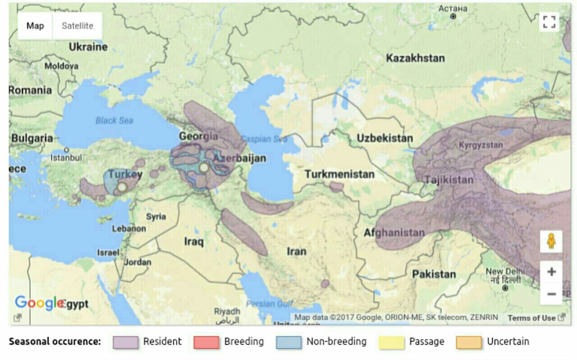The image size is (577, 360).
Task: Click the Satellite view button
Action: tap(77, 26)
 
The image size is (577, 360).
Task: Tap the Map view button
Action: tap(35, 26)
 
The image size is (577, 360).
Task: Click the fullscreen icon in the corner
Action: tap(549, 22)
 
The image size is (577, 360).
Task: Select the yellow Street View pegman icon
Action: tap(551, 241)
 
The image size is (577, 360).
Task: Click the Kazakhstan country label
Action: tap(415, 58)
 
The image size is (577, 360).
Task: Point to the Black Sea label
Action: tap(114, 120)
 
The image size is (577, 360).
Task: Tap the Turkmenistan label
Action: tap(339, 174)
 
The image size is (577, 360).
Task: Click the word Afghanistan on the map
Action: tap(394, 233)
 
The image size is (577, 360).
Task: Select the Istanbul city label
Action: tap(66, 158)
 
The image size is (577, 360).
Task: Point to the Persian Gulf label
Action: tap(270, 304)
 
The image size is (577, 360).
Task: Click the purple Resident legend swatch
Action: tap(125, 342)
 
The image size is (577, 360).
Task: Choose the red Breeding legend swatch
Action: tap(206, 342)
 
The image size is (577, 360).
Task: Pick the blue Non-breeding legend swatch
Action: tap(288, 342)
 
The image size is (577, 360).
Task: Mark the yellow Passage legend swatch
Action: tap(391, 342)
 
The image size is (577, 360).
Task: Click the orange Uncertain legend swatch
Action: tap(469, 342)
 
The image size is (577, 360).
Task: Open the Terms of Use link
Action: tap(531, 318)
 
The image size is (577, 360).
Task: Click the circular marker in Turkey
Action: tap(122, 187)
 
